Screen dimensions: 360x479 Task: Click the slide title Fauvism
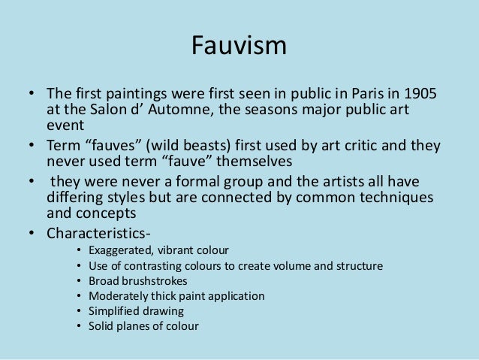(x=239, y=47)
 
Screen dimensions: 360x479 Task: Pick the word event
(x=65, y=127)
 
